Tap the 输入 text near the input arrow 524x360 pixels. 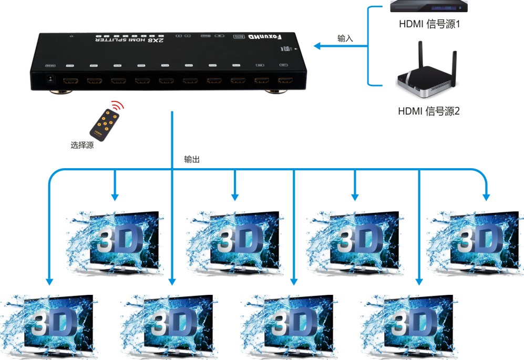[345, 38]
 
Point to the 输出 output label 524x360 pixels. [192, 159]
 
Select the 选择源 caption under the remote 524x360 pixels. [82, 145]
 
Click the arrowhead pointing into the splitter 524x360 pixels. [317, 47]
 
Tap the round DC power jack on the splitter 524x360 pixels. [51, 79]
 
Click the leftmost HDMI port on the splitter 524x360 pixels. [70, 81]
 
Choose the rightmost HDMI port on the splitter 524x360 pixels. [285, 81]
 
